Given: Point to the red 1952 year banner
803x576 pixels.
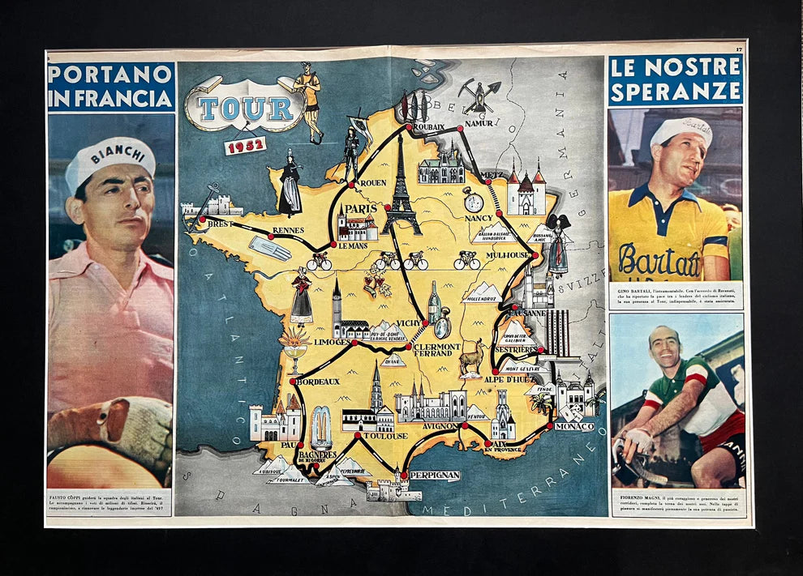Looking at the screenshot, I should click(x=245, y=146).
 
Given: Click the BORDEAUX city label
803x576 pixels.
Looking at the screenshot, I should click(x=317, y=381).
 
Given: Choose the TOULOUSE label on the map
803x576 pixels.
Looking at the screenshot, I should click(x=384, y=436).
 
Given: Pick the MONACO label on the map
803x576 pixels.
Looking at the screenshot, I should click(x=574, y=425).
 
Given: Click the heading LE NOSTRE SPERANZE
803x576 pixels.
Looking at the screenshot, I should click(x=676, y=79).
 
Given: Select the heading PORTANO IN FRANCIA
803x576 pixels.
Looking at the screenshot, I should click(x=110, y=87).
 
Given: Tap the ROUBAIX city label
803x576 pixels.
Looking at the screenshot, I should click(x=427, y=127).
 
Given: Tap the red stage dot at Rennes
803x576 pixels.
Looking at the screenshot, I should click(x=272, y=237).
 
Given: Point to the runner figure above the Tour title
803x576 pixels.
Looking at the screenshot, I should click(x=309, y=100).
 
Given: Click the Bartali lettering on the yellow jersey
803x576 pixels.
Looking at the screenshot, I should click(x=659, y=261).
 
